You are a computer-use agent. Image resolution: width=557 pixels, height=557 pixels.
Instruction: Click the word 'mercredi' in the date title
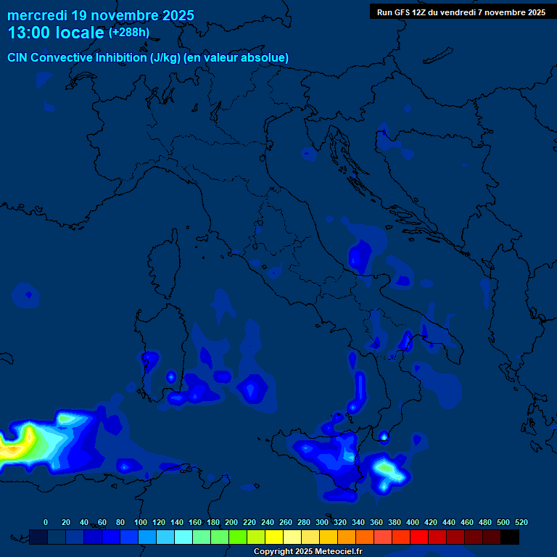click(x=37, y=15)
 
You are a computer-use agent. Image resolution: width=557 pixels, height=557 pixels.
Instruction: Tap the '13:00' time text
click(x=29, y=33)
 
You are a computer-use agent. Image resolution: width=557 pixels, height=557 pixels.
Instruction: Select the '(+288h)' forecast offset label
click(x=128, y=33)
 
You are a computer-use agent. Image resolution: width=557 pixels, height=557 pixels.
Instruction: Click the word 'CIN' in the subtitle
click(x=18, y=57)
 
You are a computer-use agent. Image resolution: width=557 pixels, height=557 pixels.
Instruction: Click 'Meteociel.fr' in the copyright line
click(x=335, y=552)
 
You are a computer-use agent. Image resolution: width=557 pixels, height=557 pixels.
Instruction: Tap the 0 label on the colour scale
click(x=46, y=522)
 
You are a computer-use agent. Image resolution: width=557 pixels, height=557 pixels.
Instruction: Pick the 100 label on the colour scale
click(x=140, y=522)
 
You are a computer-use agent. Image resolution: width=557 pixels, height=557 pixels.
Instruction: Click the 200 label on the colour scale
click(x=231, y=522)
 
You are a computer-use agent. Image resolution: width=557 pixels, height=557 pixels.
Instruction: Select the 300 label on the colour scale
click(x=321, y=522)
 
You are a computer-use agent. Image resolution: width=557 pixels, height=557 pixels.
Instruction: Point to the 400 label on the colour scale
click(x=412, y=522)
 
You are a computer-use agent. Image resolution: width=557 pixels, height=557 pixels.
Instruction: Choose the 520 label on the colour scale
click(x=521, y=522)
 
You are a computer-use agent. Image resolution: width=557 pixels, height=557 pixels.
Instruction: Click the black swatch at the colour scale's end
click(x=510, y=537)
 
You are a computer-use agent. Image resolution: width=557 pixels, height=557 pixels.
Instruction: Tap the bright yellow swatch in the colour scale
click(x=274, y=537)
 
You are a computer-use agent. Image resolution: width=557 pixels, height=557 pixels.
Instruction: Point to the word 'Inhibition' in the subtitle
click(x=120, y=57)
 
